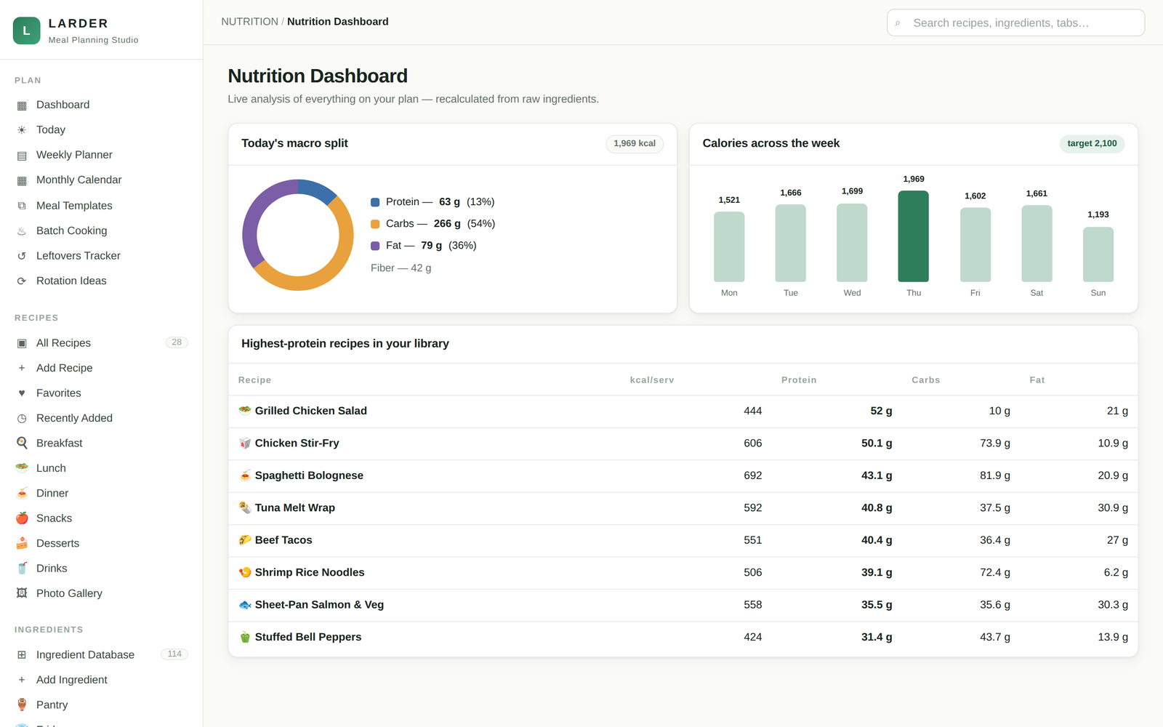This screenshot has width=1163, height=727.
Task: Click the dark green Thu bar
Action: click(913, 236)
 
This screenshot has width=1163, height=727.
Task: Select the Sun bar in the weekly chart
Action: click(1098, 254)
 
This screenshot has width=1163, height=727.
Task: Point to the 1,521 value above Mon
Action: click(729, 200)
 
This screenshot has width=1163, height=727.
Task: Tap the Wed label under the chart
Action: click(852, 293)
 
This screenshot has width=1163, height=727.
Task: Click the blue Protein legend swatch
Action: click(375, 202)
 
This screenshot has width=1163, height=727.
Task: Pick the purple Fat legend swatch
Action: click(375, 246)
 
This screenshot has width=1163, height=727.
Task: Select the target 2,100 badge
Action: click(1092, 143)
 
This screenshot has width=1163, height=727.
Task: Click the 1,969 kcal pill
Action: click(635, 143)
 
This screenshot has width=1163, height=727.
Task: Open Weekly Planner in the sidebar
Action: click(74, 155)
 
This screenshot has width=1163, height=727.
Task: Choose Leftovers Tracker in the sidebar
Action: click(79, 255)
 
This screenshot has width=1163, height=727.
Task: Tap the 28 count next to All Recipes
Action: click(177, 342)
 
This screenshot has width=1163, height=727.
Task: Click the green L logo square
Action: click(26, 31)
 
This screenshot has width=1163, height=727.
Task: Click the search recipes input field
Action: click(1015, 23)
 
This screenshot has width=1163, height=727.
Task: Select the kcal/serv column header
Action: click(651, 380)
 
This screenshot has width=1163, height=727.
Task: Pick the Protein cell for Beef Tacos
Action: click(877, 540)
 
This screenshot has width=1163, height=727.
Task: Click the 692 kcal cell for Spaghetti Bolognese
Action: click(753, 475)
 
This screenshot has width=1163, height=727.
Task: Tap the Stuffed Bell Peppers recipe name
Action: click(308, 637)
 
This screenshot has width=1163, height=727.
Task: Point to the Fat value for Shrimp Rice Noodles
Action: click(1116, 572)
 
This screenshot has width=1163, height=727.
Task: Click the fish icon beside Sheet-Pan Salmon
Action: click(244, 605)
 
